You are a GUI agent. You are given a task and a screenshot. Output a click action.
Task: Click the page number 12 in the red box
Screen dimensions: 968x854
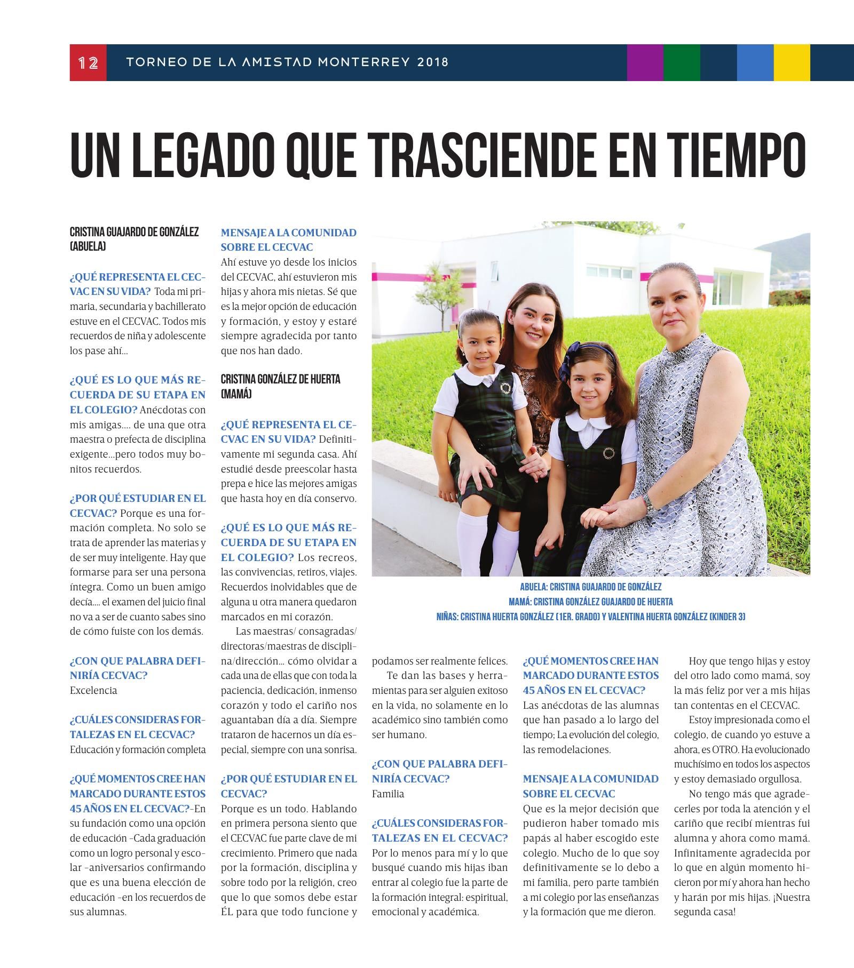[x=88, y=63]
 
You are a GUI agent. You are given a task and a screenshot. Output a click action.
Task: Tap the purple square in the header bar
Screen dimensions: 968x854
[x=645, y=63]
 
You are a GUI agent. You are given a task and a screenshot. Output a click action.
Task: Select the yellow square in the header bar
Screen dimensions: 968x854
[x=792, y=63]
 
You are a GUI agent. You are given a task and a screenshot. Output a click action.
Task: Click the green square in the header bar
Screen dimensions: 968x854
[x=682, y=63]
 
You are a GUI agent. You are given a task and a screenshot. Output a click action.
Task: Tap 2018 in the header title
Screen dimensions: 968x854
[x=433, y=62]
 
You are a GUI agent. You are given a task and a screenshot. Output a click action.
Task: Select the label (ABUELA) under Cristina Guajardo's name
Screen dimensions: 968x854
[x=88, y=246]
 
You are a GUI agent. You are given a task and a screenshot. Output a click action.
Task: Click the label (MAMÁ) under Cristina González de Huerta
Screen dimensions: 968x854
[x=236, y=394]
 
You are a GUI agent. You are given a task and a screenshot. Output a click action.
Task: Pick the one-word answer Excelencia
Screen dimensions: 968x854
[x=93, y=690]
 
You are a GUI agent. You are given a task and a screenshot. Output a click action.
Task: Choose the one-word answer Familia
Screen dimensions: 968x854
[x=388, y=794]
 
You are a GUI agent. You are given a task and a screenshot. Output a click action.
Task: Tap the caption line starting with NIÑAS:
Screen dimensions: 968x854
[x=590, y=617]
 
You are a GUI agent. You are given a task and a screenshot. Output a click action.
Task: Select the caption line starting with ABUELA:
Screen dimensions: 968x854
[x=590, y=587]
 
